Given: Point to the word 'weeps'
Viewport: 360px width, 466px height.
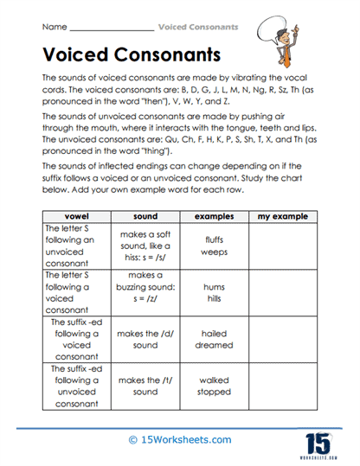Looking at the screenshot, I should pos(214,252).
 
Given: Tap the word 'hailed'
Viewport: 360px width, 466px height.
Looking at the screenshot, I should pos(214,332).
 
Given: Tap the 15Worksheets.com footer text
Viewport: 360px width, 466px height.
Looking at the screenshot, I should pos(179,440).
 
